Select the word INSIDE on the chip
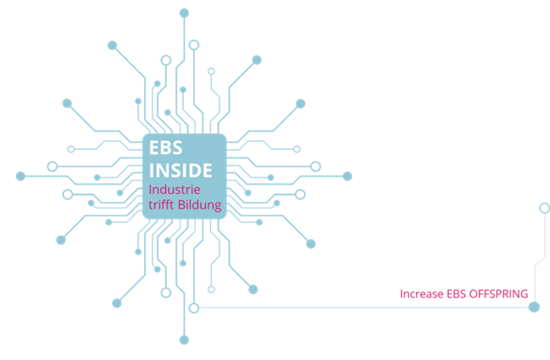[181, 169]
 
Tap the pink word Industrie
[175, 189]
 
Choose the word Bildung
[199, 205]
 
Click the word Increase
[420, 294]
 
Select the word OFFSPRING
[498, 294]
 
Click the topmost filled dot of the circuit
[184, 12]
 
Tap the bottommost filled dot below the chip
[184, 340]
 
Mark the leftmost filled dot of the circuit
[20, 176]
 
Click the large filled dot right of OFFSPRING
[534, 306]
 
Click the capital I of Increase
[402, 294]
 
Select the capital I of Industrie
[151, 189]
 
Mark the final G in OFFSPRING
[524, 294]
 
